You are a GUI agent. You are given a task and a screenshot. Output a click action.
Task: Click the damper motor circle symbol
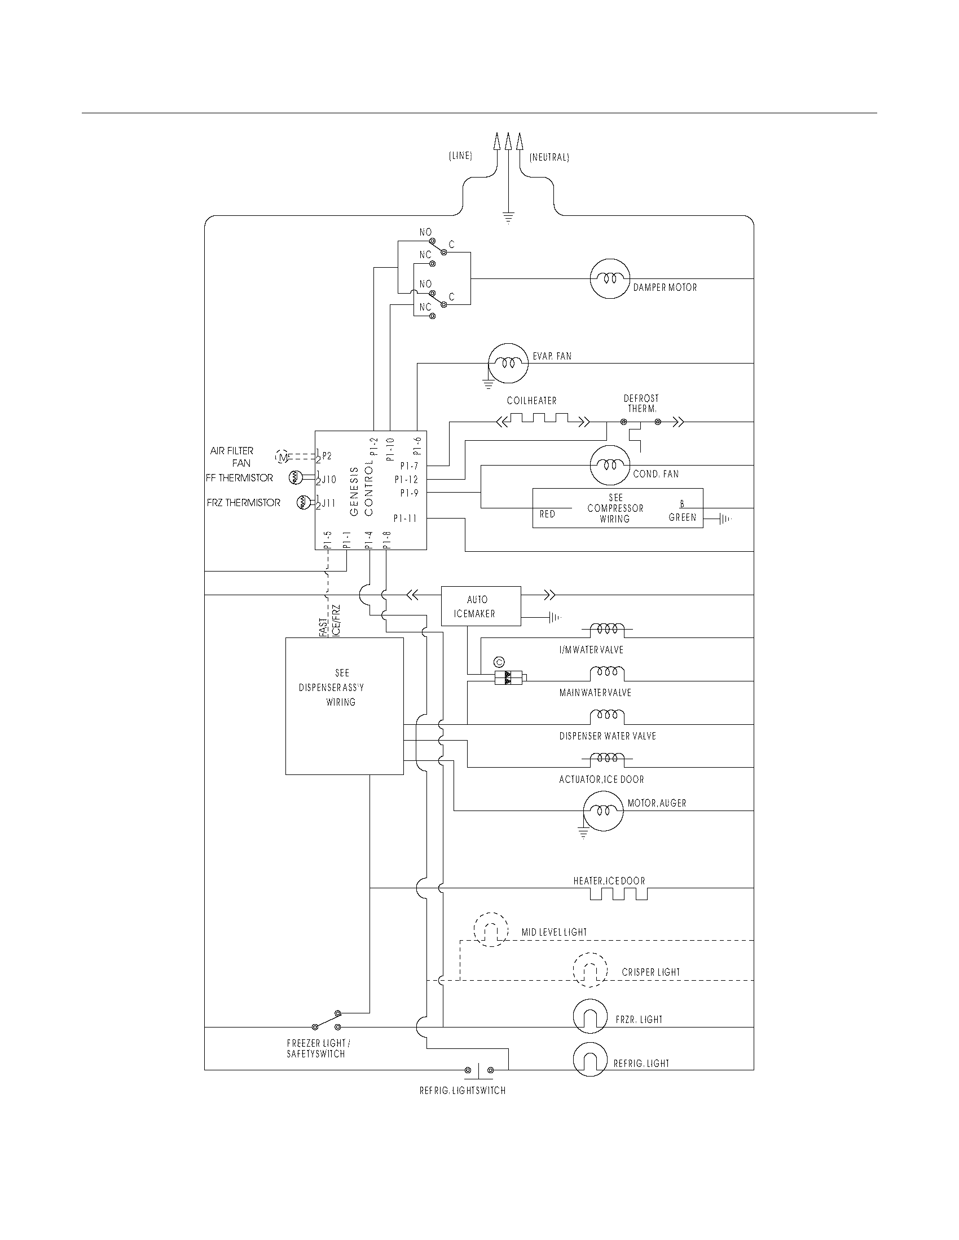click(610, 279)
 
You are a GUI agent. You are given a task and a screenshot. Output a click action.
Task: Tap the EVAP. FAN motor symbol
click(508, 363)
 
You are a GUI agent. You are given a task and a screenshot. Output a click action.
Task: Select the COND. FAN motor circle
click(610, 465)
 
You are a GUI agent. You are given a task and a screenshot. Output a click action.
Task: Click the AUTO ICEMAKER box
click(481, 606)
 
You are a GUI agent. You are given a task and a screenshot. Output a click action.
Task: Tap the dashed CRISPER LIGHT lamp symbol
click(590, 971)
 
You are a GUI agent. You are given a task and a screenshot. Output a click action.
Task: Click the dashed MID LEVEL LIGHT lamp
click(491, 930)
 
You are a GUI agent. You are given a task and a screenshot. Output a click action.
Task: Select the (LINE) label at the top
click(460, 156)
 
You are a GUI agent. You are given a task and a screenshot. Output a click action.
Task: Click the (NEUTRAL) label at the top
click(549, 157)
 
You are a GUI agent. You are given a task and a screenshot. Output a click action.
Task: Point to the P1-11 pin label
click(405, 519)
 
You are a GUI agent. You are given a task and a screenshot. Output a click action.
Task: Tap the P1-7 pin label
click(408, 466)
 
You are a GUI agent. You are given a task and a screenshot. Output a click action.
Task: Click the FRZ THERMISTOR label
click(243, 503)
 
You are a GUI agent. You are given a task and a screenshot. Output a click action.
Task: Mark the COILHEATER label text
click(531, 401)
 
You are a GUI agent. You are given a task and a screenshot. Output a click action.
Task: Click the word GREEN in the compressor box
click(682, 518)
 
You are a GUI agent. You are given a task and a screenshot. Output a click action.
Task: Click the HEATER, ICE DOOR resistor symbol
click(618, 894)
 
